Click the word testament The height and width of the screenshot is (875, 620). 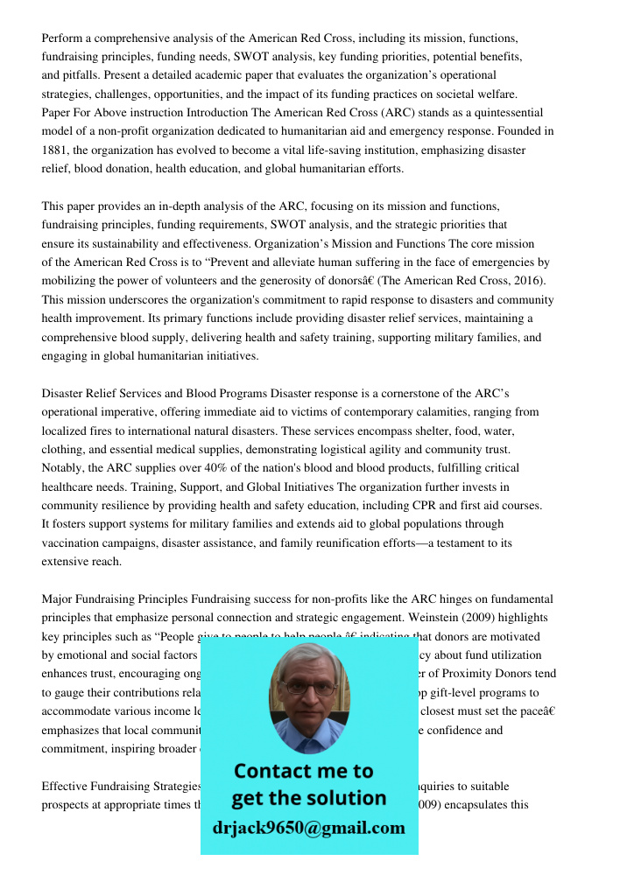coord(461,543)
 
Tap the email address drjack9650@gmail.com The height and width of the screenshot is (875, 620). coord(308,828)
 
